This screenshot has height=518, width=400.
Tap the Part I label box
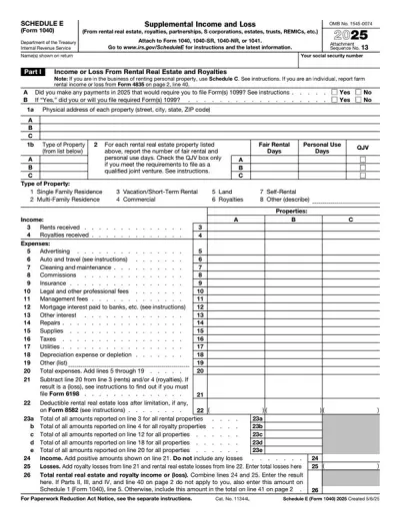coord(18,72)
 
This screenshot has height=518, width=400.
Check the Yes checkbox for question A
coord(336,92)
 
